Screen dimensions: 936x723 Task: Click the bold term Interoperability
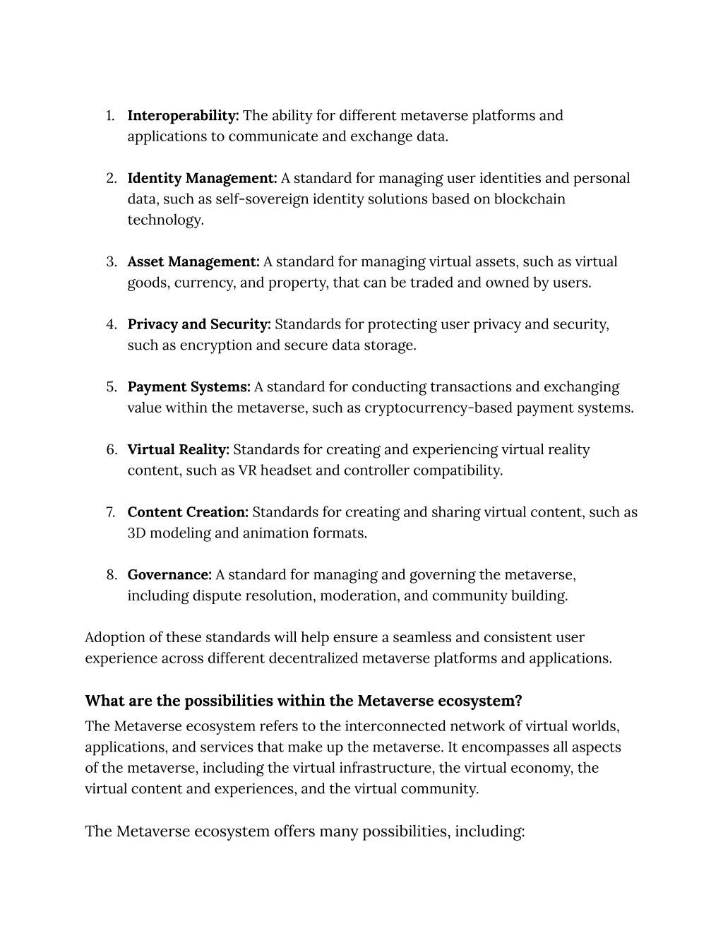coord(183,115)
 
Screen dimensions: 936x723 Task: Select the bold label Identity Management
coord(202,178)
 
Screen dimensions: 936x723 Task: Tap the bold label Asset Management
coord(193,261)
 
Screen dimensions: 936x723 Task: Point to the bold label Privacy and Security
coord(199,324)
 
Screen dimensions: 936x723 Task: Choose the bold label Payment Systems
coord(189,387)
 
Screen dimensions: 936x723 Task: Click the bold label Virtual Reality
coord(178,450)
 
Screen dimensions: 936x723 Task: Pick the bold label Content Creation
coord(188,512)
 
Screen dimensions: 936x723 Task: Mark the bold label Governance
coord(169,575)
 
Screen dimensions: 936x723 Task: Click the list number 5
coord(112,387)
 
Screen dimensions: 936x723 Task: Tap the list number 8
coord(112,575)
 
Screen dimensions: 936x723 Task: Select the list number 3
coord(112,261)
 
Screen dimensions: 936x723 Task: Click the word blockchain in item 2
coord(530,199)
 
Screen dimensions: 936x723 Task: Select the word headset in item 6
coord(286,470)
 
